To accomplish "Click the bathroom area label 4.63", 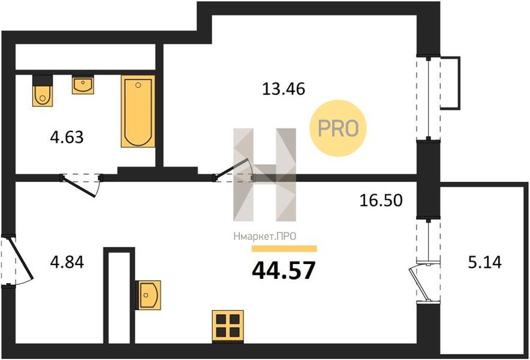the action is tap(67, 137).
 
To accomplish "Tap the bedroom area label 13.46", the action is tap(284, 89).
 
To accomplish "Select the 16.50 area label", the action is tap(381, 200).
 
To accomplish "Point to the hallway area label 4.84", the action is tap(67, 262).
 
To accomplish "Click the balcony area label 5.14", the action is tap(484, 262).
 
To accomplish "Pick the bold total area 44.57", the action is tap(284, 271).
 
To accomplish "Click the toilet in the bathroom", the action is tap(43, 91).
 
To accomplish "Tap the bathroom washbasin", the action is tap(83, 85).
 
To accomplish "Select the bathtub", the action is tap(138, 111).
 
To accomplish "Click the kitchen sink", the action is tap(148, 295).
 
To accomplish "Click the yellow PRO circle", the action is tap(338, 128).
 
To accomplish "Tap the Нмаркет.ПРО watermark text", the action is tap(264, 236).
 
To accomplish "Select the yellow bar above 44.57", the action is tap(284, 249).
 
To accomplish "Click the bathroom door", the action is tap(80, 185).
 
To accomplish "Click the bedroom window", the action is tap(429, 98).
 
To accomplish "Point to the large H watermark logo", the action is tap(264, 175).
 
